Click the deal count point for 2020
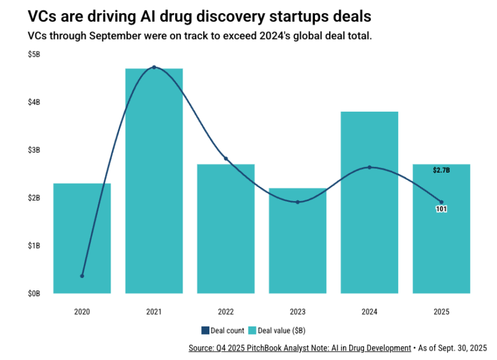82,276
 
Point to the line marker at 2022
226,159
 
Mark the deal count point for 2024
370,167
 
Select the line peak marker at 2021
154,67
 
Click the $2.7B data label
441,170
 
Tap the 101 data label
441,209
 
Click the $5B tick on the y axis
34,55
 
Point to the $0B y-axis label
34,293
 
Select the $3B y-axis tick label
34,150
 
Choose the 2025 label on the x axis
441,312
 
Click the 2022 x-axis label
226,312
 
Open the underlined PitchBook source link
299,348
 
